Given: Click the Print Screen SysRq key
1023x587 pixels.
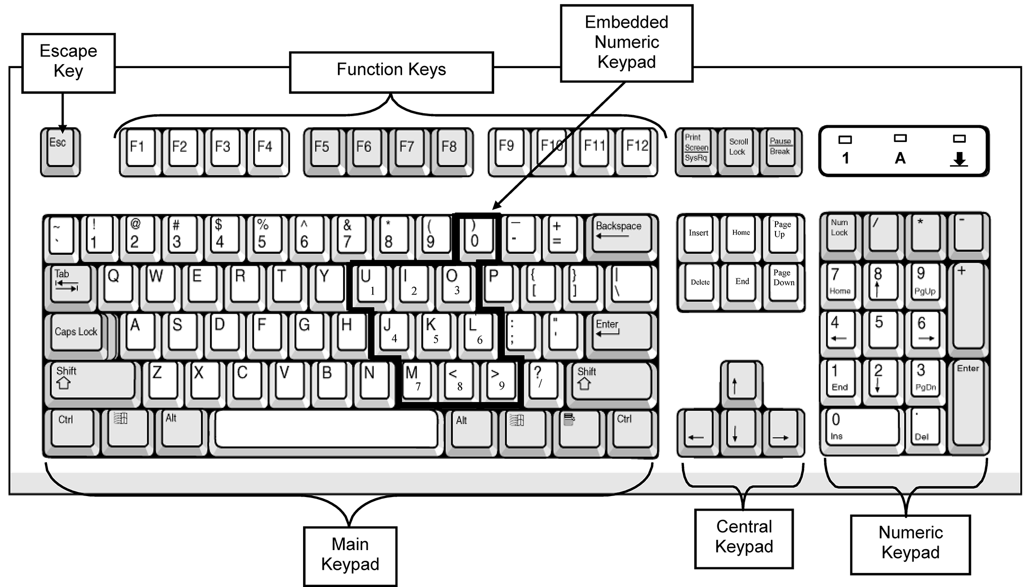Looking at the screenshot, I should coord(696,148).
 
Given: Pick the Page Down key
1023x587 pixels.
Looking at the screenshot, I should coord(784,282).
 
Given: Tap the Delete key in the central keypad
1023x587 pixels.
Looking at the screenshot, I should coord(700,283).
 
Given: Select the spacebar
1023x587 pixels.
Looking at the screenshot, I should coord(327,428).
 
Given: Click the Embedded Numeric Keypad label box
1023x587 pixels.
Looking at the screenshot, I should coord(626,43).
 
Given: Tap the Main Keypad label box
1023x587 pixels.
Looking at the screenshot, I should coord(350,555).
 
